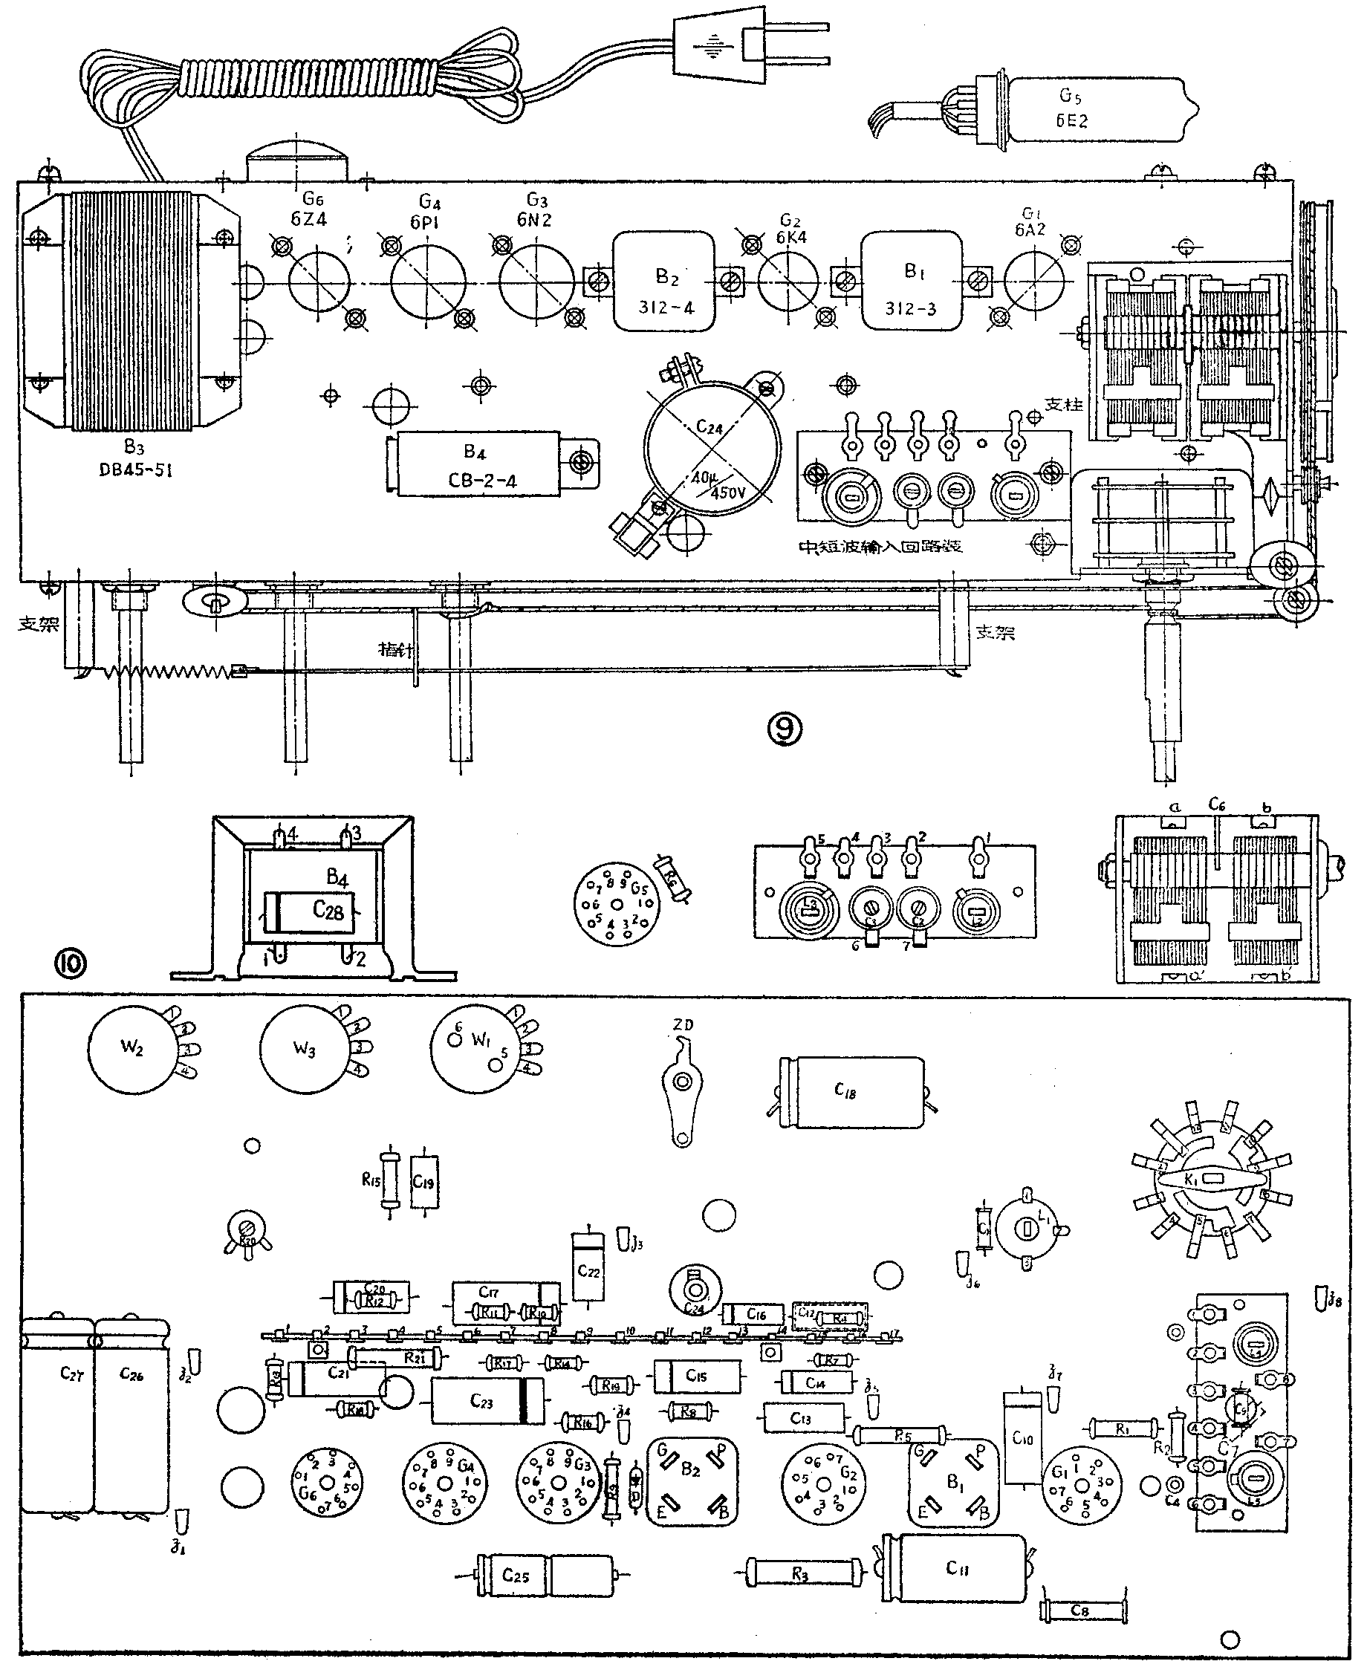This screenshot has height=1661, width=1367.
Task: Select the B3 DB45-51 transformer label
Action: (x=135, y=460)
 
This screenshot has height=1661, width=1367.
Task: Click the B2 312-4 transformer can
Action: (x=665, y=282)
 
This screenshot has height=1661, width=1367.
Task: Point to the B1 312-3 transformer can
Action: (x=911, y=281)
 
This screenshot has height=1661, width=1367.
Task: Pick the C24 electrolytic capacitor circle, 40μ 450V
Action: (x=712, y=447)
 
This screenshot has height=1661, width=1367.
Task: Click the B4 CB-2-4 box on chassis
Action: (x=478, y=464)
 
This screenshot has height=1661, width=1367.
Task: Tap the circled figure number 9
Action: (x=785, y=729)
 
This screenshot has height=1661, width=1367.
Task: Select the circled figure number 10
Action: (x=70, y=962)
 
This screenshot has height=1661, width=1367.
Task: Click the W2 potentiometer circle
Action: (x=131, y=1049)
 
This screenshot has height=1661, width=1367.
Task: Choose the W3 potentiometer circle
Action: (x=304, y=1050)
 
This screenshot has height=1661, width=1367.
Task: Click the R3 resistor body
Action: (x=800, y=1573)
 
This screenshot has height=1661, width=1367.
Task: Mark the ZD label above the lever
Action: (x=683, y=1025)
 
